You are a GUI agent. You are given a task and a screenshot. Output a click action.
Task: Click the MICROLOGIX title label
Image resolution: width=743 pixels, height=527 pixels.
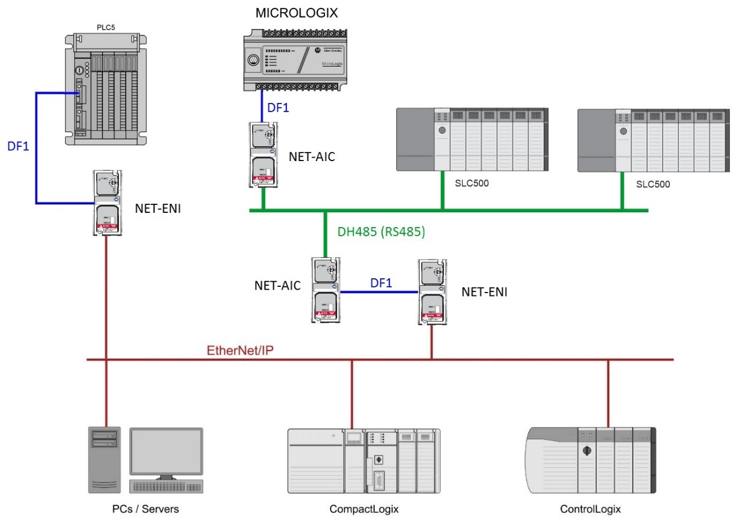click(296, 13)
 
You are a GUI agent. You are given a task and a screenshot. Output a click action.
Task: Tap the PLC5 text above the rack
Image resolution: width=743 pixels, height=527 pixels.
click(105, 27)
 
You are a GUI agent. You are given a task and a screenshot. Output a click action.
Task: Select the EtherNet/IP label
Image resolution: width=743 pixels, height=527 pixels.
click(240, 350)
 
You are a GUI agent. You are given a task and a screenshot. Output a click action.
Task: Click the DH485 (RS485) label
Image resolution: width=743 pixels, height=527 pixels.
click(381, 232)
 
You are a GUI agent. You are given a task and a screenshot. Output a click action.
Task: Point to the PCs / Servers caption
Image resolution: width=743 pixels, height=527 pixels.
click(145, 509)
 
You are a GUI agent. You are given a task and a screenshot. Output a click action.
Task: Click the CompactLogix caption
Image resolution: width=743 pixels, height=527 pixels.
click(364, 509)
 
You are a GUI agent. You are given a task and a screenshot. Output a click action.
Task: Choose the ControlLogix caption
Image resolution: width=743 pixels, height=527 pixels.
click(590, 509)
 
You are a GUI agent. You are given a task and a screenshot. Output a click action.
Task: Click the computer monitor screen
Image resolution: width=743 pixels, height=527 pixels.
click(166, 451)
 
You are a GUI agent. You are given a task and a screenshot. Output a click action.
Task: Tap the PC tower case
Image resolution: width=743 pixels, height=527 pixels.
click(105, 459)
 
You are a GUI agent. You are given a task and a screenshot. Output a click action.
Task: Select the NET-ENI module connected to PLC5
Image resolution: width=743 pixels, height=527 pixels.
click(108, 203)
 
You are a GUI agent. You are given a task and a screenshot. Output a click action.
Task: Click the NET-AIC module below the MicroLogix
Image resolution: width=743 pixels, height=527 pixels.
click(263, 155)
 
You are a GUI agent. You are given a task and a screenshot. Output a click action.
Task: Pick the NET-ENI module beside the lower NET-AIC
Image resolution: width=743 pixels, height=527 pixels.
click(432, 291)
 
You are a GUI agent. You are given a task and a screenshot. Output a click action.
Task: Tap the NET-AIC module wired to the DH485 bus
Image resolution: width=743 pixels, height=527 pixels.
click(325, 290)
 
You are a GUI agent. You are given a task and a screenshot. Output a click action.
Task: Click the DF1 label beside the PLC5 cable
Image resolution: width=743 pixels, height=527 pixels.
click(18, 146)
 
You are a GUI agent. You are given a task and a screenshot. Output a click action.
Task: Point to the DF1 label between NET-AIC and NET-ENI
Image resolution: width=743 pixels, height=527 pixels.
click(381, 283)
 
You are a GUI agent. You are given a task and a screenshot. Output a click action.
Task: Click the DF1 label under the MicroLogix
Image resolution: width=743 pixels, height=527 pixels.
click(278, 108)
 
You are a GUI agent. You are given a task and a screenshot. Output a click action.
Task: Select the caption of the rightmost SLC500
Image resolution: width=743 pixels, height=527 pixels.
click(652, 184)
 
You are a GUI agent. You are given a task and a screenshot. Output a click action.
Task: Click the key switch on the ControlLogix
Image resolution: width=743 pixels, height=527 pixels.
click(587, 451)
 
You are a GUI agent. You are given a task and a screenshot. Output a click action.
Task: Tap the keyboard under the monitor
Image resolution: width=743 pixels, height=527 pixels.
click(166, 487)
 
